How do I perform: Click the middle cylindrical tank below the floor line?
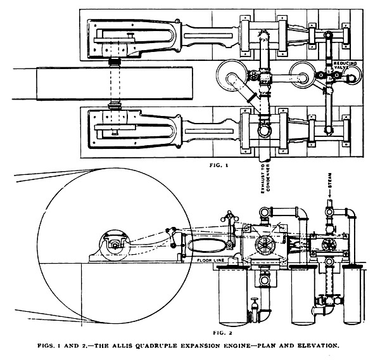coord(294,295)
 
